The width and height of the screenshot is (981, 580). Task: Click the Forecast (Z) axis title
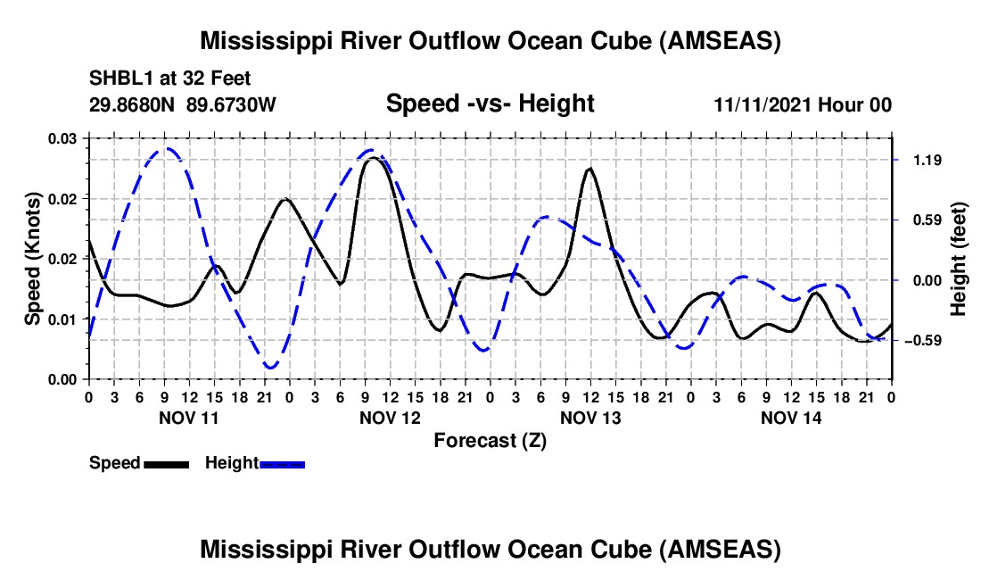pos(490,440)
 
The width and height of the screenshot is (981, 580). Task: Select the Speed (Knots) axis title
pos(33,259)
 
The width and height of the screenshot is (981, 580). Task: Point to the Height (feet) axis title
pos(959,259)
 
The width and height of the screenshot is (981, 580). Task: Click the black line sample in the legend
pos(165,464)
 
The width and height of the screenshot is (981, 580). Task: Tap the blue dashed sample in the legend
pos(282,464)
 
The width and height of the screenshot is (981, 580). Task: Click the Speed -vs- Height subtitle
pos(490,104)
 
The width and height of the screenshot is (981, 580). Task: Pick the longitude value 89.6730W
pos(232,105)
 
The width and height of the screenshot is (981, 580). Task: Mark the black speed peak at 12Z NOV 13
pos(589,168)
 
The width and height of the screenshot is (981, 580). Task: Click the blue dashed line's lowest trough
pos(270,368)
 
